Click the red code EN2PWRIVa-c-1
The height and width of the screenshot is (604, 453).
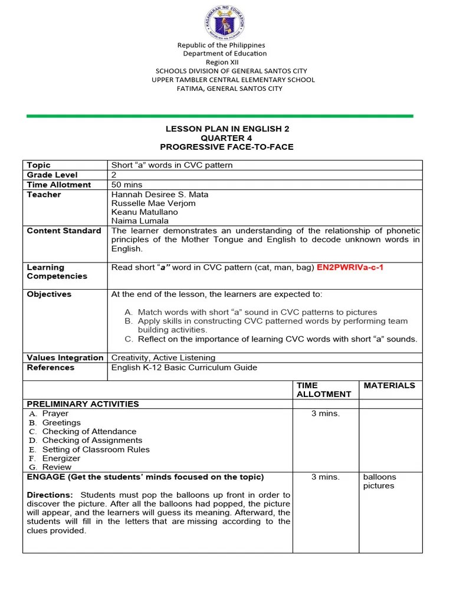click(350, 267)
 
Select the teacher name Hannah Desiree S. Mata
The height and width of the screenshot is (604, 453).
click(159, 194)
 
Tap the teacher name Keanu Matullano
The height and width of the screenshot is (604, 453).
click(145, 212)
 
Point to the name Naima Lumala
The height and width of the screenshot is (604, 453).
click(140, 221)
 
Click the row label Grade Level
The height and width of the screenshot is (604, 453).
click(52, 175)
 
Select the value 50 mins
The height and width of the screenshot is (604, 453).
click(129, 185)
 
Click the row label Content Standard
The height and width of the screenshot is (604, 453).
click(64, 231)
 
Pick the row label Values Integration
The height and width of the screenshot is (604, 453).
click(65, 357)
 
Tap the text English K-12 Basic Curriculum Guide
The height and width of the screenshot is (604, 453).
click(184, 367)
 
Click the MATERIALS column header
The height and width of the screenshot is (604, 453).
click(389, 385)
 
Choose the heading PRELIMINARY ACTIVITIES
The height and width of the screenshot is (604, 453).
click(83, 404)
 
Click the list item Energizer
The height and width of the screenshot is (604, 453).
click(61, 458)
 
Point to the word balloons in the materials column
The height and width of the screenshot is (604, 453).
click(379, 477)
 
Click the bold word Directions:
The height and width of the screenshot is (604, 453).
click(50, 495)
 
